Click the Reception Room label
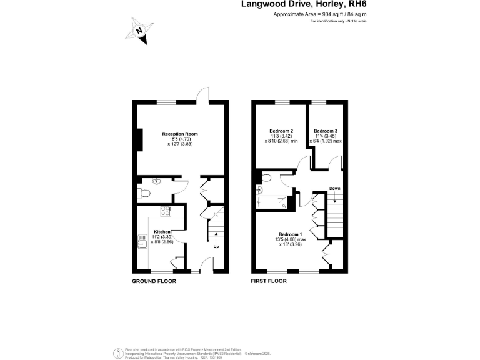coord(180,134)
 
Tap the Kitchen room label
coord(162,232)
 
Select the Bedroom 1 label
coord(291,234)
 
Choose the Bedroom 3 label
coord(326,131)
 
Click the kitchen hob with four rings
coord(166,211)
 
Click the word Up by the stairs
coord(216,246)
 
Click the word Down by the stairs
coord(335,189)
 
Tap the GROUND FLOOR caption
coord(154,282)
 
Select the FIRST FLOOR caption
coord(269,282)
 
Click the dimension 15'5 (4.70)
coord(180,139)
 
